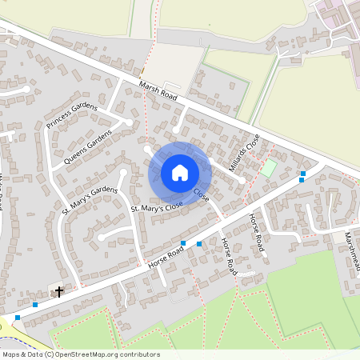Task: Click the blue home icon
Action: click(180, 172)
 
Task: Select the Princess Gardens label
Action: click(71, 115)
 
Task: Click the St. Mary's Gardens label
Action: click(90, 201)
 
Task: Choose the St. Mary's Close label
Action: click(157, 207)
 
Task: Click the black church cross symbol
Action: click(58, 291)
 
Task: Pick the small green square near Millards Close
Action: click(269, 169)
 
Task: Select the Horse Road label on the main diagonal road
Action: click(165, 257)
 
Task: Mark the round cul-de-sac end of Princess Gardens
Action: click(128, 122)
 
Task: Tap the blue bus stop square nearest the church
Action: click(34, 304)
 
